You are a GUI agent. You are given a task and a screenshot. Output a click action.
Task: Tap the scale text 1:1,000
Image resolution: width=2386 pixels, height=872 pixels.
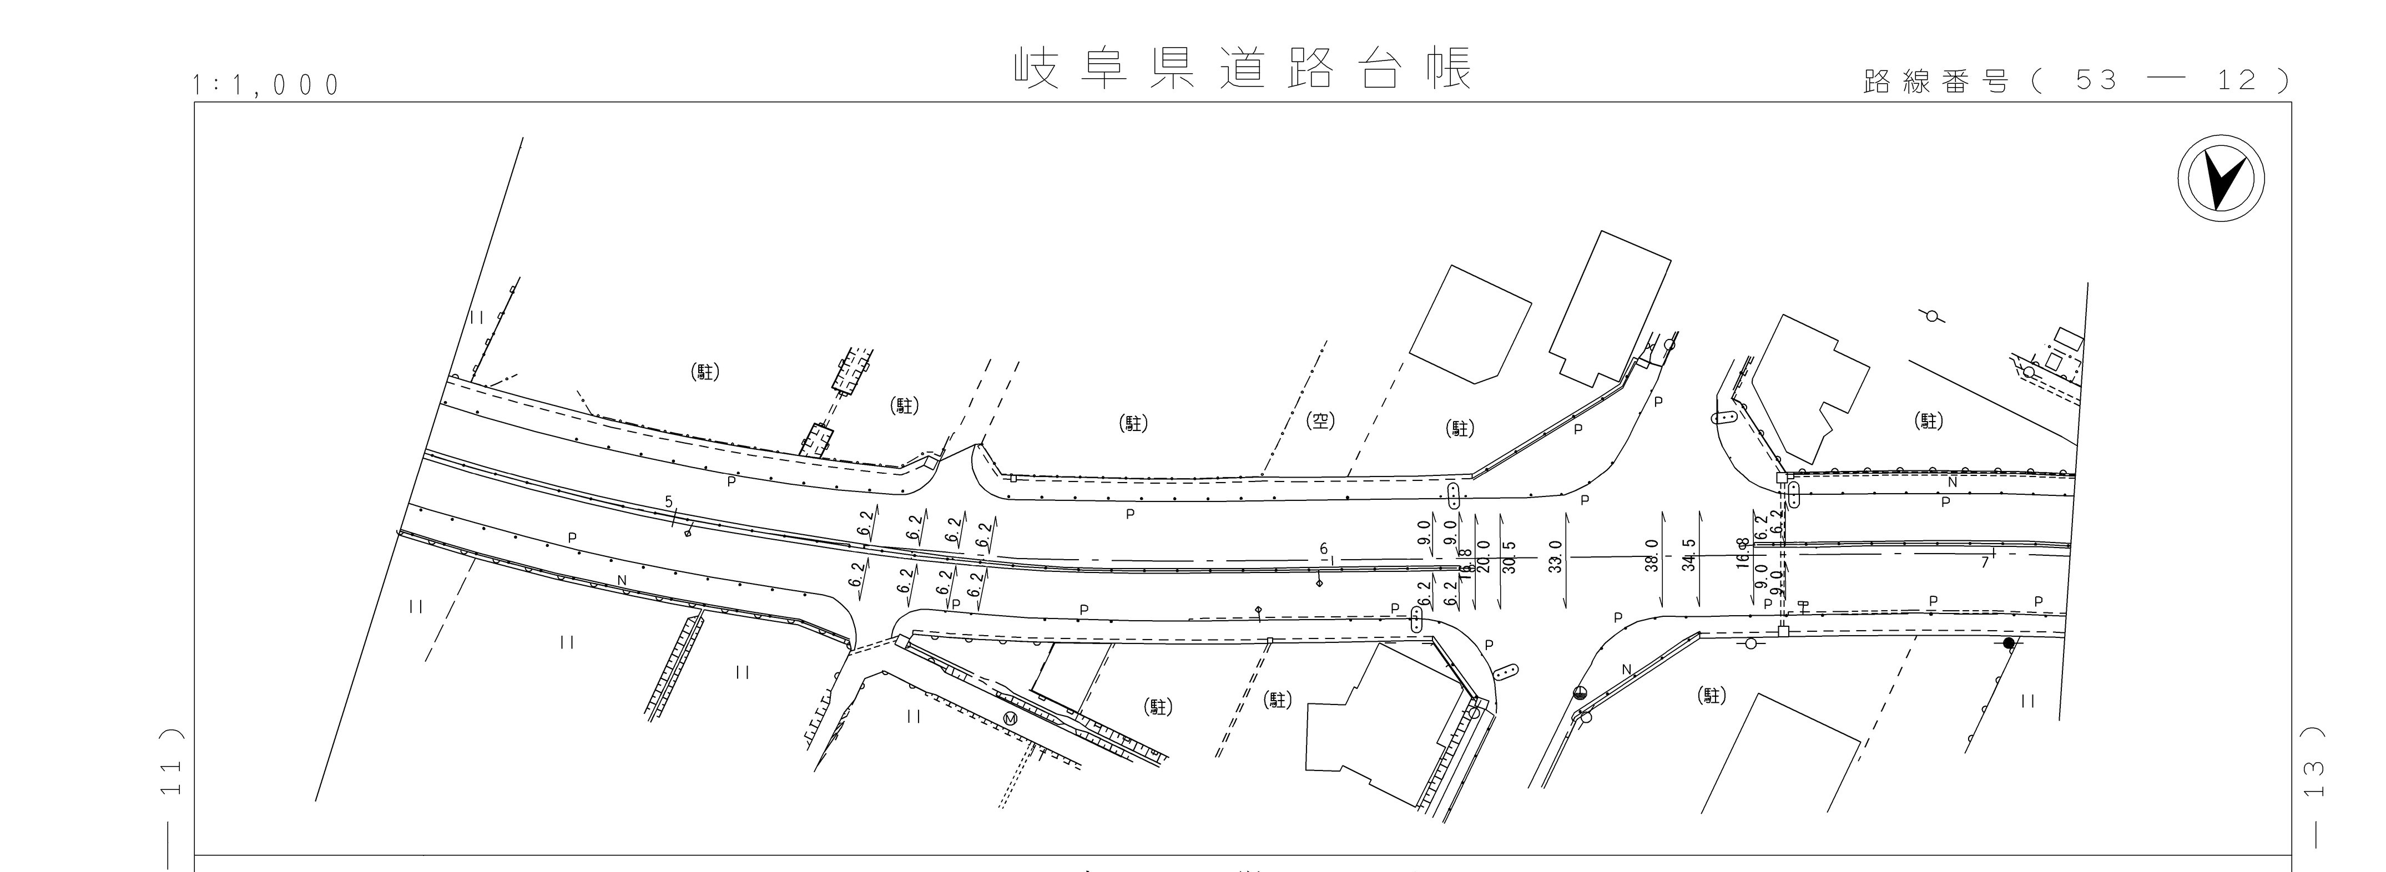[266, 85]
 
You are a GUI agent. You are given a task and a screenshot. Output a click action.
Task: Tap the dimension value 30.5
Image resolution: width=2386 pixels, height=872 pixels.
[1510, 557]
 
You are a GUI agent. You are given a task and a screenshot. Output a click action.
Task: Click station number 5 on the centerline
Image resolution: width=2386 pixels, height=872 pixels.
[669, 501]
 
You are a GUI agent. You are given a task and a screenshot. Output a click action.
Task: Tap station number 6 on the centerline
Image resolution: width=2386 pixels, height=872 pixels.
[1324, 550]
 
